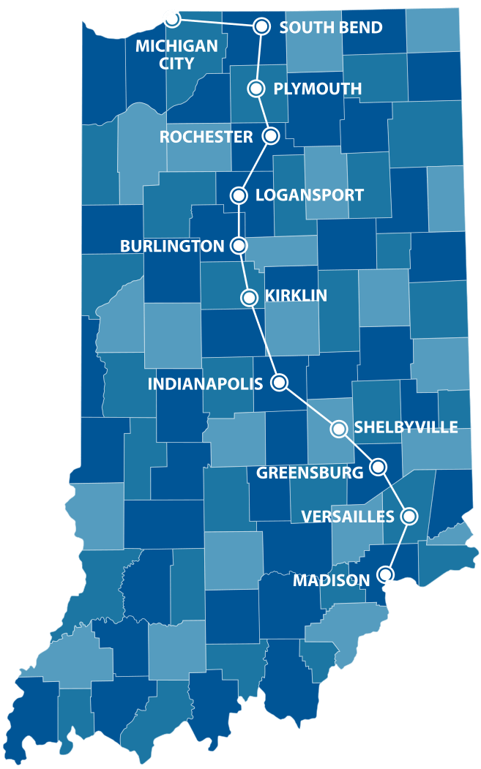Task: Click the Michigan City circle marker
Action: [x=171, y=18]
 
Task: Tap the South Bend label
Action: [x=331, y=28]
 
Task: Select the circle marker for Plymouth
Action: [x=256, y=89]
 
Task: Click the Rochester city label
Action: [x=206, y=137]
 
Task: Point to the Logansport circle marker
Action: [x=239, y=195]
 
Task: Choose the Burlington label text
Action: [x=172, y=247]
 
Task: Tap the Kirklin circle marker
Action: [x=249, y=297]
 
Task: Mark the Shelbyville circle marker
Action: [x=339, y=429]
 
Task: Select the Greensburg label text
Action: [x=310, y=473]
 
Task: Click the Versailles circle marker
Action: [x=410, y=516]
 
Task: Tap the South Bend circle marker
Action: [x=261, y=26]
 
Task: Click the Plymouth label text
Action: [x=318, y=89]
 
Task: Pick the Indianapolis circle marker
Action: [x=279, y=382]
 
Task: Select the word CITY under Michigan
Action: [x=177, y=63]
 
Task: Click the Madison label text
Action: [x=331, y=581]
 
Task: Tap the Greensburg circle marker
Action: [x=379, y=466]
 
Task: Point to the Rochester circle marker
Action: [x=271, y=135]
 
